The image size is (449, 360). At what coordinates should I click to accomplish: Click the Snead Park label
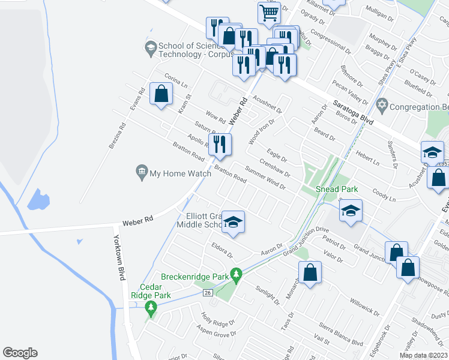pyautogui.click(x=337, y=189)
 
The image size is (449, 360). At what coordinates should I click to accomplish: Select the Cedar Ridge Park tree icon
pyautogui.click(x=151, y=308)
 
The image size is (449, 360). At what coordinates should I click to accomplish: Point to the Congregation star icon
pyautogui.click(x=382, y=107)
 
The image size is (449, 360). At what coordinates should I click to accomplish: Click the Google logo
pyautogui.click(x=20, y=353)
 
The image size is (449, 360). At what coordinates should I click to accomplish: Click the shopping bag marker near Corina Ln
pyautogui.click(x=161, y=94)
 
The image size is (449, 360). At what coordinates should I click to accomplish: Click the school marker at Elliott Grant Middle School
pyautogui.click(x=234, y=221)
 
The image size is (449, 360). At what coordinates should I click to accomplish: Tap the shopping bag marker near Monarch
pyautogui.click(x=310, y=272)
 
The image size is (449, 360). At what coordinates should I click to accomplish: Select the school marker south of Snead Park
pyautogui.click(x=351, y=211)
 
